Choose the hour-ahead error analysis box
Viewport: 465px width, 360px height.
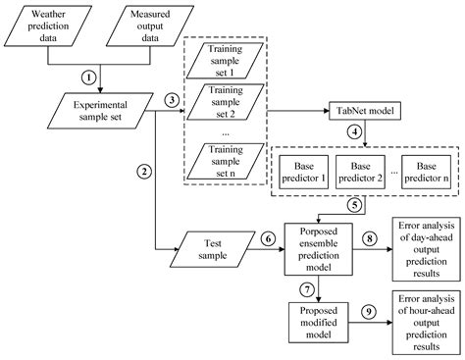pos(422,324)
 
